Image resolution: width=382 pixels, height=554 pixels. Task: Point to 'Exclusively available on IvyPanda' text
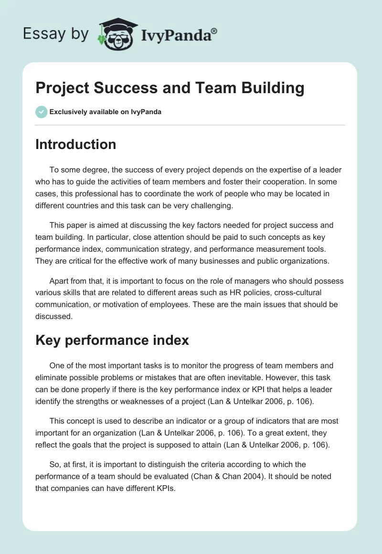click(x=106, y=112)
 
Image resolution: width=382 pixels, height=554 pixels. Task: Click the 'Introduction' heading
click(x=75, y=144)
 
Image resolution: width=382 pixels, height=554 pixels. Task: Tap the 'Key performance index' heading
click(x=112, y=340)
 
